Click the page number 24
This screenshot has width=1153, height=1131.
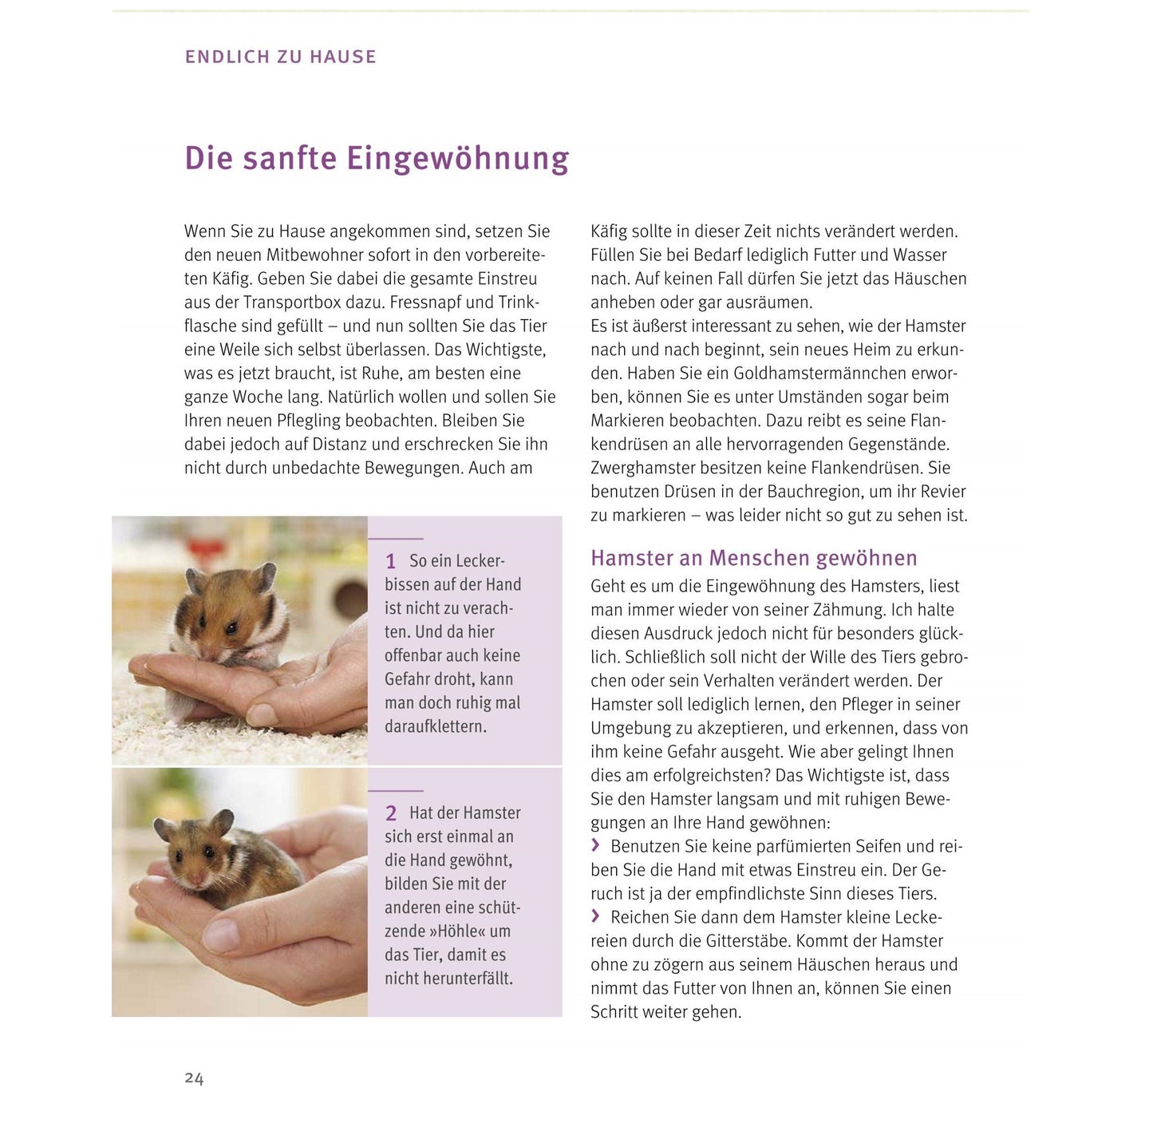[x=194, y=1078]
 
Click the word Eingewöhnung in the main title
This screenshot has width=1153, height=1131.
[x=457, y=159]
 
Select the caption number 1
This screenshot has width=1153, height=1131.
[x=390, y=562]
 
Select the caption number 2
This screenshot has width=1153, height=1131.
[x=391, y=813]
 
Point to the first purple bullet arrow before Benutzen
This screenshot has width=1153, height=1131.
[x=595, y=845]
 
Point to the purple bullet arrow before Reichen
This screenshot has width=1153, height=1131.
[x=595, y=916]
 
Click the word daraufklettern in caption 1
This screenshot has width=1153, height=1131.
[x=435, y=726]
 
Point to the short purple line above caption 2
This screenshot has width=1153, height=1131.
[x=396, y=790]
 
